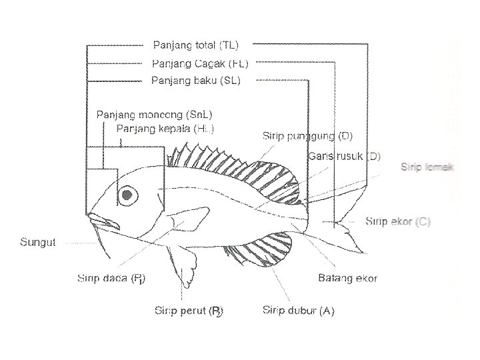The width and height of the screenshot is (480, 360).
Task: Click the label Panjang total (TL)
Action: [x=195, y=45]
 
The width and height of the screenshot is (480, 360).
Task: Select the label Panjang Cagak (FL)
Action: [x=200, y=64]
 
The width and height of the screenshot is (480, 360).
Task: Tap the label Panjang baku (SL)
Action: [x=196, y=81]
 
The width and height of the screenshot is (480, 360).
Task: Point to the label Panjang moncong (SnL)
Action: [x=155, y=114]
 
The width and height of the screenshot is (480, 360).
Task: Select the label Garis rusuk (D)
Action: [x=345, y=157]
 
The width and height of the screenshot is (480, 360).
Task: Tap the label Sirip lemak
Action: [x=427, y=167]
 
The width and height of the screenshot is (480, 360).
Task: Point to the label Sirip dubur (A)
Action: [x=298, y=311]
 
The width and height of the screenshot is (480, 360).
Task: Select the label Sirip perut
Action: [x=189, y=311]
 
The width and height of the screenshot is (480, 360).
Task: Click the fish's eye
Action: [x=127, y=195]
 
